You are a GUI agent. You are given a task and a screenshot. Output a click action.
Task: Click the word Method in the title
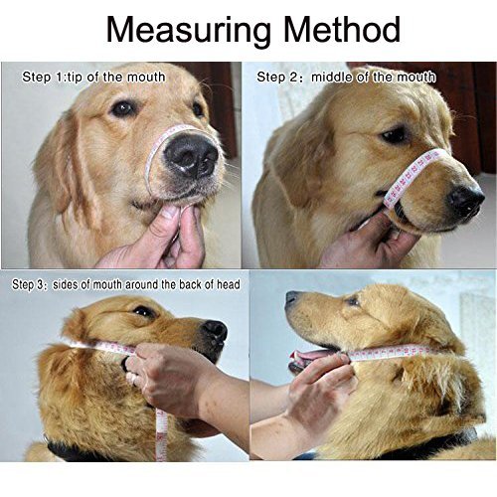pyautogui.click(x=342, y=30)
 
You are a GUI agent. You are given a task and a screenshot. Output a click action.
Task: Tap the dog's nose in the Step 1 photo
pyautogui.click(x=192, y=155)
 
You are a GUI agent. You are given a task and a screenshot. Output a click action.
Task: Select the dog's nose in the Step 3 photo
pyautogui.click(x=215, y=331)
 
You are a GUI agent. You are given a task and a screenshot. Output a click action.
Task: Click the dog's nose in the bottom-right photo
pyautogui.click(x=292, y=297)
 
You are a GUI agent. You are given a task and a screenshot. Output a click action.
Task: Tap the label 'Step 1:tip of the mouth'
pyautogui.click(x=93, y=78)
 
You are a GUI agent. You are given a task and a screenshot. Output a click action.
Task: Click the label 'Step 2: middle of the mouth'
pyautogui.click(x=346, y=78)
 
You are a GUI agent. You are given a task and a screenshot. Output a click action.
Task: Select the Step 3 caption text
pyautogui.click(x=126, y=284)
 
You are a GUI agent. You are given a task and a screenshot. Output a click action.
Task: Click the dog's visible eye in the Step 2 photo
pyautogui.click(x=395, y=135)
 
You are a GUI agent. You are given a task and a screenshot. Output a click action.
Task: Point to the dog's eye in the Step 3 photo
pyautogui.click(x=143, y=311)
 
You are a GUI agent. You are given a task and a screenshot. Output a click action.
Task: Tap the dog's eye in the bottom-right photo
pyautogui.click(x=352, y=301)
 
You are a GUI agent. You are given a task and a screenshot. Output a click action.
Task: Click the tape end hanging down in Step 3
pyautogui.click(x=161, y=434)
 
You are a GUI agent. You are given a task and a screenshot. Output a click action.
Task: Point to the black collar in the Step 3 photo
pyautogui.click(x=77, y=450)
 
